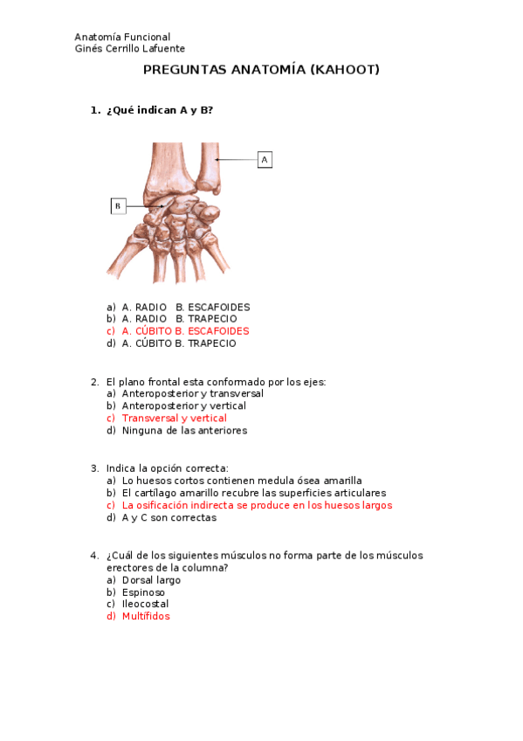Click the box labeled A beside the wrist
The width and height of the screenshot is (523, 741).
[265, 160]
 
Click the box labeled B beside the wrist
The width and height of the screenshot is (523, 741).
[119, 206]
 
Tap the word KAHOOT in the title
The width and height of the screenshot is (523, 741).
[345, 70]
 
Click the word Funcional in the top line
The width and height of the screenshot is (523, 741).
[147, 37]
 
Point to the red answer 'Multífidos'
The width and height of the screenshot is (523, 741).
[146, 616]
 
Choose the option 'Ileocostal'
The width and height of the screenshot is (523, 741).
[145, 604]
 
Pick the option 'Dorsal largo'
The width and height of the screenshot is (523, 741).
[151, 580]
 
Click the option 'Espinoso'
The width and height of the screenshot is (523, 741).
[143, 592]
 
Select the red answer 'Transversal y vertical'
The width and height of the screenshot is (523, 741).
[174, 419]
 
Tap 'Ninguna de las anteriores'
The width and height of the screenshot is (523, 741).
[184, 431]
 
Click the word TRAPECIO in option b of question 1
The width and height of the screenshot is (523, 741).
[212, 319]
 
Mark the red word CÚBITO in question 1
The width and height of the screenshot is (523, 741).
[154, 331]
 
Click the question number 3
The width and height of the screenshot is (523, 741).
[94, 468]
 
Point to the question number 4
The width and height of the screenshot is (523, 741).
[94, 556]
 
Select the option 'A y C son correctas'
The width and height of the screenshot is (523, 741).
[169, 518]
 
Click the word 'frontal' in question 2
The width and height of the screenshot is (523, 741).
[164, 382]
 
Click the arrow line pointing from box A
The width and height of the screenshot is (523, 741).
[237, 160]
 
